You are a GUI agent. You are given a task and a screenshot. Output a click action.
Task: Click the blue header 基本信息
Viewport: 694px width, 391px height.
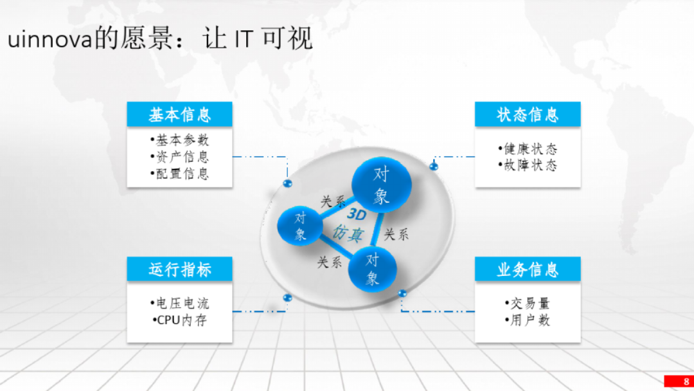179,114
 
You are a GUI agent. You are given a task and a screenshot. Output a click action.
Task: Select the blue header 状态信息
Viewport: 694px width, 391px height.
528,114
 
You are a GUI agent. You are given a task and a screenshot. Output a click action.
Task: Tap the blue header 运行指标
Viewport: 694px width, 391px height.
179,269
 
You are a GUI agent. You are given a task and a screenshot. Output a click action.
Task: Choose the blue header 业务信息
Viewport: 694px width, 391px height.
528,269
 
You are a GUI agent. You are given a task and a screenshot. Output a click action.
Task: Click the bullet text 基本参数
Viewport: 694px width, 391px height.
179,140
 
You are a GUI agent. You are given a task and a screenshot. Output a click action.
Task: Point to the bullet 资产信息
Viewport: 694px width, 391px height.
179,157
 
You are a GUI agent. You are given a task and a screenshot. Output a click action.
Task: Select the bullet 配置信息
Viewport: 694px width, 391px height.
179,174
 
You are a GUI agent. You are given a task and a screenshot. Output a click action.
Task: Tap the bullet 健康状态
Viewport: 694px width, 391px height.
528,149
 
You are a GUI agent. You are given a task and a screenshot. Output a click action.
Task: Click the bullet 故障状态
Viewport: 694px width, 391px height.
528,165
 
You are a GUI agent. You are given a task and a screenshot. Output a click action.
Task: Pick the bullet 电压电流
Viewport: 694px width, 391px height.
179,303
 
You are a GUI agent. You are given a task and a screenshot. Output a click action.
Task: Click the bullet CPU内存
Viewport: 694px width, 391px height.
179,320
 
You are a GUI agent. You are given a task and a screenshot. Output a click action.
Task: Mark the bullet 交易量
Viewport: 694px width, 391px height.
528,303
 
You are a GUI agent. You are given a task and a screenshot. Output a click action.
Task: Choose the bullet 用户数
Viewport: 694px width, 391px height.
528,320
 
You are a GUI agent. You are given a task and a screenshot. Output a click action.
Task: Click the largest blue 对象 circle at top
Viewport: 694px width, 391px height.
381,185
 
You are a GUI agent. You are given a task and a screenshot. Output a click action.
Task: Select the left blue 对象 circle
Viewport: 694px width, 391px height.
300,226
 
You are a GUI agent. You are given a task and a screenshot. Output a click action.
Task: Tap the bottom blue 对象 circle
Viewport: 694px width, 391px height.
373,269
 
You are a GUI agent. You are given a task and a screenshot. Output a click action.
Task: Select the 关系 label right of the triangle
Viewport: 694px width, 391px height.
396,235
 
